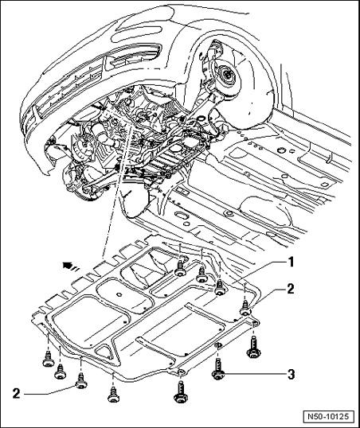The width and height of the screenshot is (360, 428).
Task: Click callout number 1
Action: [291, 263]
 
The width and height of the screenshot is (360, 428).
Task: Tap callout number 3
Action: [292, 374]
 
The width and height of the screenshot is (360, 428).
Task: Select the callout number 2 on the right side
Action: [290, 289]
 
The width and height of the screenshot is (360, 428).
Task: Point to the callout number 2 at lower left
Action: [17, 394]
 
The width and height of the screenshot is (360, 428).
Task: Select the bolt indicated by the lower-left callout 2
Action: [81, 381]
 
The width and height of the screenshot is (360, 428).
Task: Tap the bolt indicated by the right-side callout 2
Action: [245, 308]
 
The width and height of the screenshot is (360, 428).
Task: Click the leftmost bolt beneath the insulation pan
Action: [48, 360]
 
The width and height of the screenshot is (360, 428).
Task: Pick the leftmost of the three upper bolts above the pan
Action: [180, 269]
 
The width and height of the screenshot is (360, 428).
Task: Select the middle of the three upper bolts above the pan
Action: [202, 274]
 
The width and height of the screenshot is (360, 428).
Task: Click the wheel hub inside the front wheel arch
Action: [227, 75]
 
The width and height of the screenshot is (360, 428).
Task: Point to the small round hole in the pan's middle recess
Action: [118, 294]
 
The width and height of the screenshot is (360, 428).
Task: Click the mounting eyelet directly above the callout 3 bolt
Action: [219, 345]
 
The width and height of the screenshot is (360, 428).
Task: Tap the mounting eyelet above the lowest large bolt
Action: [181, 372]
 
